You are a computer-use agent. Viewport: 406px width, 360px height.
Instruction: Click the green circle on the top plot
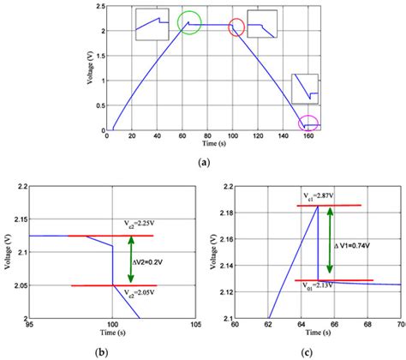(x=190, y=23)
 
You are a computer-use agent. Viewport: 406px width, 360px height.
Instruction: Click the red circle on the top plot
(x=237, y=27)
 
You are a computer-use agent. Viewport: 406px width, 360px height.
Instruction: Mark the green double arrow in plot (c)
(x=329, y=243)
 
